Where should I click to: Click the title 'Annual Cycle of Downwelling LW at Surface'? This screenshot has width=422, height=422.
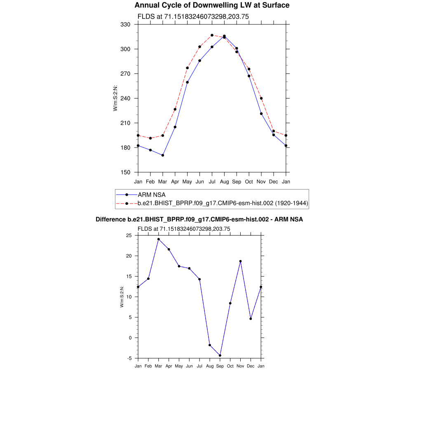coord(212,5)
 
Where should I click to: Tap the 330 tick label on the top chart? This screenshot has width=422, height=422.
coord(125,25)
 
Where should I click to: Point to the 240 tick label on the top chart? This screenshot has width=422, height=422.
coord(125,98)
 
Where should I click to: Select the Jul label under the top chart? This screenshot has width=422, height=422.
coord(212,181)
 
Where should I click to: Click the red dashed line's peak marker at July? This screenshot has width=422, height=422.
coord(212,35)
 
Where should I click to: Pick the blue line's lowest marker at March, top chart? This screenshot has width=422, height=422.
coord(163,155)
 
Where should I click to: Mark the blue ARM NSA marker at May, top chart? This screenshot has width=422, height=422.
coord(188,82)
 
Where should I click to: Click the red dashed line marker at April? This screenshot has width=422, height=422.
coord(175,109)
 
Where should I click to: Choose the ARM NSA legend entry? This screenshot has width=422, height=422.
coord(152,195)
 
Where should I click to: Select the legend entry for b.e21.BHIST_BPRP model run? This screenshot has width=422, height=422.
coord(223,203)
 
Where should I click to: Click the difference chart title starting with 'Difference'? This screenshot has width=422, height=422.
coord(199,220)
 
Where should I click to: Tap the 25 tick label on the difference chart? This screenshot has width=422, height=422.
coord(129,235)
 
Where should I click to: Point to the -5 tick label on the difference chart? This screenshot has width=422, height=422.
coord(129,358)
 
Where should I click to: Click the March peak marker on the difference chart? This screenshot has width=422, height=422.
coord(159,239)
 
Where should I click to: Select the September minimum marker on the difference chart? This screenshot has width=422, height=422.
coord(220,355)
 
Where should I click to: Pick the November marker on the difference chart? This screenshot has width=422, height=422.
coord(240,261)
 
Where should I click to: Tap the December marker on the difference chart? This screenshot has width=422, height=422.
coord(251,319)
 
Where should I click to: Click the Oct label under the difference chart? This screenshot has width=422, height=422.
coord(230,366)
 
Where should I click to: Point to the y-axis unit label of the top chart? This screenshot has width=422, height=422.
coord(116,98)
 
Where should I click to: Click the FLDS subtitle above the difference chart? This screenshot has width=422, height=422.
coord(184,229)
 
